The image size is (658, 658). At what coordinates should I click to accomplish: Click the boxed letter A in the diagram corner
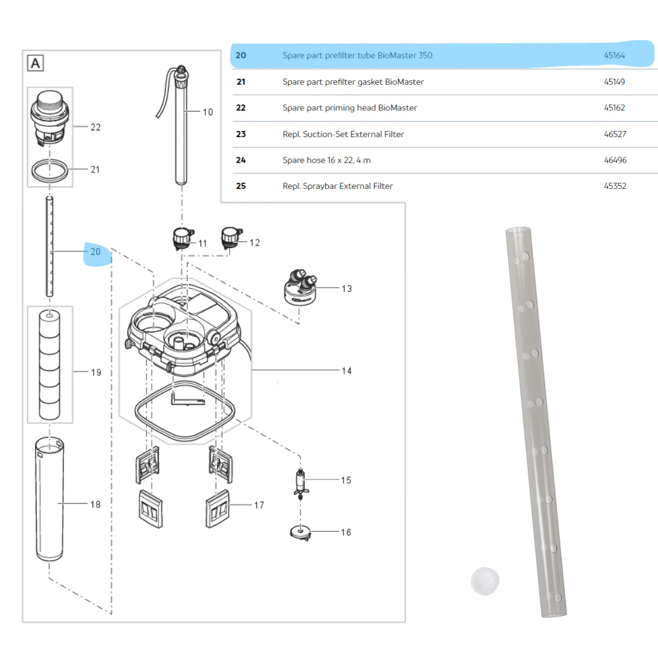coord(35,63)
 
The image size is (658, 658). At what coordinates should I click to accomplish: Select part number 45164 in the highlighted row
coord(614,55)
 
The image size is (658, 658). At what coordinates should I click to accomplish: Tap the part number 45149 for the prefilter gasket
coord(614,82)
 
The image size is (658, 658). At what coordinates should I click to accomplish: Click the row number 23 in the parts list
coord(241,134)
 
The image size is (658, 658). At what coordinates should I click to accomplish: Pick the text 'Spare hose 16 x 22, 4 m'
coord(327,160)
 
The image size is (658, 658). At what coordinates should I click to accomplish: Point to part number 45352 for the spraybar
coord(615,186)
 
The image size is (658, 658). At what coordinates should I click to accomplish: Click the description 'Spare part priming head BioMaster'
coord(350,108)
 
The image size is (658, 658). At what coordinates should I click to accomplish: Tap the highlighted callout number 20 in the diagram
coord(96,252)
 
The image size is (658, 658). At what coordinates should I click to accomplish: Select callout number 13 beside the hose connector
coord(347,289)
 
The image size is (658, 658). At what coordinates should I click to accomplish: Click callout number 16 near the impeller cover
coord(346,532)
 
